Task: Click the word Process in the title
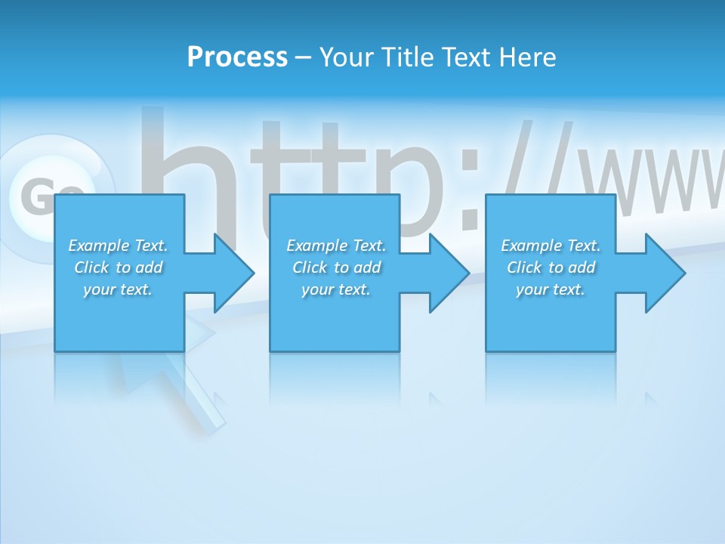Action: point(237,57)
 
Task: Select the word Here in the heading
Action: point(527,57)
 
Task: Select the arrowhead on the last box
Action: point(664,273)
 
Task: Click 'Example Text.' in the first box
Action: point(118,246)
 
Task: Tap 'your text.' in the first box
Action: point(118,289)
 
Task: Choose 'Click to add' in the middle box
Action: point(336,267)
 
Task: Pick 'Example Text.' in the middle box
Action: point(336,246)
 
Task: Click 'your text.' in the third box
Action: point(551,289)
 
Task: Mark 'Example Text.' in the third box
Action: point(551,246)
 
